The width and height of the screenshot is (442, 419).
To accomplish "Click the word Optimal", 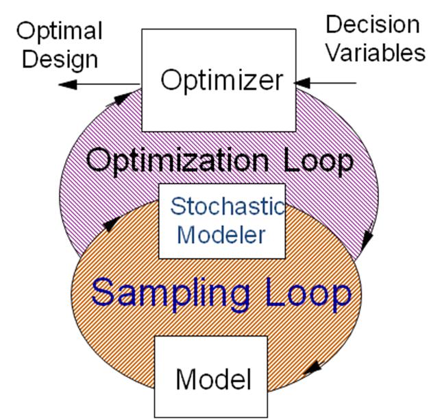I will (x=60, y=32).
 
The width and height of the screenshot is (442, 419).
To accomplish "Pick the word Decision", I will (x=372, y=25).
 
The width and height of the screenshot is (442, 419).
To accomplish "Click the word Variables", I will (x=375, y=52).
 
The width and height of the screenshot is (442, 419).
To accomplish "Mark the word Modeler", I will (x=221, y=235).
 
